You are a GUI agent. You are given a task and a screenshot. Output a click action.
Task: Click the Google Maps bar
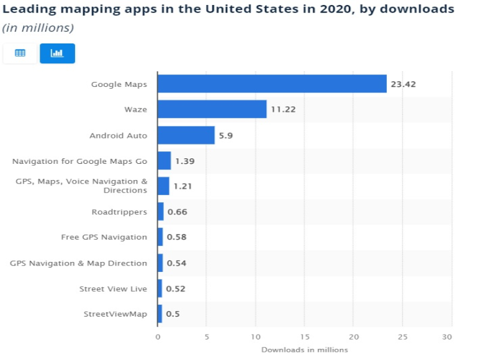pyautogui.click(x=272, y=84)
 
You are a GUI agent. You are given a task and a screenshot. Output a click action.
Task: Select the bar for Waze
pyautogui.click(x=212, y=109)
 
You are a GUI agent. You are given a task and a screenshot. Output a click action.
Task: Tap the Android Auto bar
pyautogui.click(x=186, y=135)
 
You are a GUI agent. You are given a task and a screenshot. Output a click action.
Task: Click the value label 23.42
pyautogui.click(x=403, y=84)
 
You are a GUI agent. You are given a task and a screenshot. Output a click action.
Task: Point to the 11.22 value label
pyautogui.click(x=282, y=109)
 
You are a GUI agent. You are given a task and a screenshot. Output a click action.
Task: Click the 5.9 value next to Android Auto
pyautogui.click(x=225, y=135)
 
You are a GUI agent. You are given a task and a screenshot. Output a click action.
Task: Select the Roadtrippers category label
pyautogui.click(x=119, y=212)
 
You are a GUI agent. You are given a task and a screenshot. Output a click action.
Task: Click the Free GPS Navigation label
pyautogui.click(x=104, y=237)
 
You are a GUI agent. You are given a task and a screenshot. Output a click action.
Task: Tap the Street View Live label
pyautogui.click(x=113, y=289)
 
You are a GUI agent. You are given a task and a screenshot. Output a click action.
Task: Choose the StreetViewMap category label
pyautogui.click(x=115, y=314)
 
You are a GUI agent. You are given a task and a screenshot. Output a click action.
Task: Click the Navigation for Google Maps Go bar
pyautogui.click(x=164, y=161)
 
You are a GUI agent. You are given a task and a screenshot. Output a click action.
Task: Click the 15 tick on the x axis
pyautogui.click(x=305, y=337)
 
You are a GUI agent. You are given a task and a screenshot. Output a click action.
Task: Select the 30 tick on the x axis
pyautogui.click(x=447, y=337)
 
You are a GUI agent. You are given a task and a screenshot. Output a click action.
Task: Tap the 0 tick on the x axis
pyautogui.click(x=158, y=337)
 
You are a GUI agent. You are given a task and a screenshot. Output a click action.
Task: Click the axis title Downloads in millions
pyautogui.click(x=304, y=349)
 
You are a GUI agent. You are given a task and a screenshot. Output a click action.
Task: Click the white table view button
pyautogui.click(x=20, y=53)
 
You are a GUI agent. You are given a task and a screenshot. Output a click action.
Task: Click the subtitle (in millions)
pyautogui.click(x=38, y=28)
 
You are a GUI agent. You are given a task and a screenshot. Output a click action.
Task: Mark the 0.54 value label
pyautogui.click(x=177, y=263)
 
